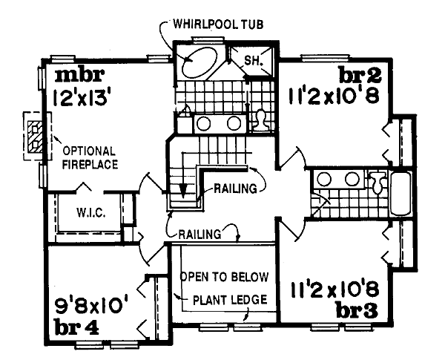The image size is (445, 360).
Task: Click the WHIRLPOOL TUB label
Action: pos(218,24)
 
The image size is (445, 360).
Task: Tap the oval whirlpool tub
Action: pos(199,63)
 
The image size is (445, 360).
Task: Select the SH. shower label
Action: pos(252,61)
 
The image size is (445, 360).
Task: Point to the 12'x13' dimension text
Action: pos(81,98)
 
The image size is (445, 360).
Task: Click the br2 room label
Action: pos(360,75)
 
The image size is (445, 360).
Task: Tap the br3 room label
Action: pos(357,310)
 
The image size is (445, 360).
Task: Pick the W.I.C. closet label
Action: pos(91,212)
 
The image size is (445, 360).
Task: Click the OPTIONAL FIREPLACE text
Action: pos(90,158)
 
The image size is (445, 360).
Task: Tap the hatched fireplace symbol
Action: pos(35,137)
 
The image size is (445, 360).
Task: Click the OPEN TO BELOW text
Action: pos(224,277)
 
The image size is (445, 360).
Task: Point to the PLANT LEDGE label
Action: pos(230,300)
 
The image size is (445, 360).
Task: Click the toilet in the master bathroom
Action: pos(261,120)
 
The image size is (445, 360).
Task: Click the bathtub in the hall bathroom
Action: pos(400,194)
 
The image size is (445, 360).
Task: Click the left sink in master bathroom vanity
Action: pos(204,124)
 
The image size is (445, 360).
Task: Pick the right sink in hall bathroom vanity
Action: pos(352,180)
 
